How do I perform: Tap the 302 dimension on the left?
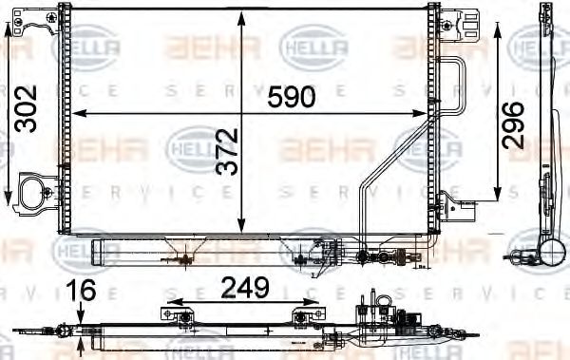27,109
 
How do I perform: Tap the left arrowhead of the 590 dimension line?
79,113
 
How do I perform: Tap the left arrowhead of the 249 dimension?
172,308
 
